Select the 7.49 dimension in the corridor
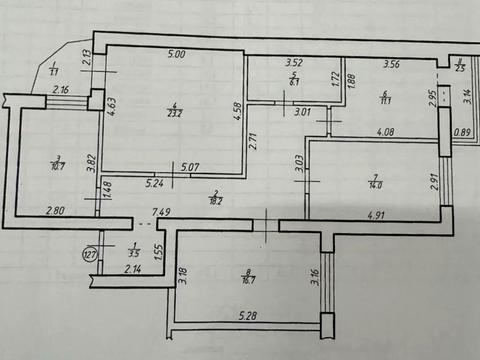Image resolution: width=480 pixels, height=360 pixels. click(x=161, y=211)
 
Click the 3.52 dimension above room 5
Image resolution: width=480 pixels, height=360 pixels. click(x=294, y=63)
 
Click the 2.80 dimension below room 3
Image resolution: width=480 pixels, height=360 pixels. click(x=54, y=211)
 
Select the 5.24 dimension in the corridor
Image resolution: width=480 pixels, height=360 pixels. click(x=154, y=183)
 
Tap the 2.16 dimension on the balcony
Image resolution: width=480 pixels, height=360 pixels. click(x=61, y=91)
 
